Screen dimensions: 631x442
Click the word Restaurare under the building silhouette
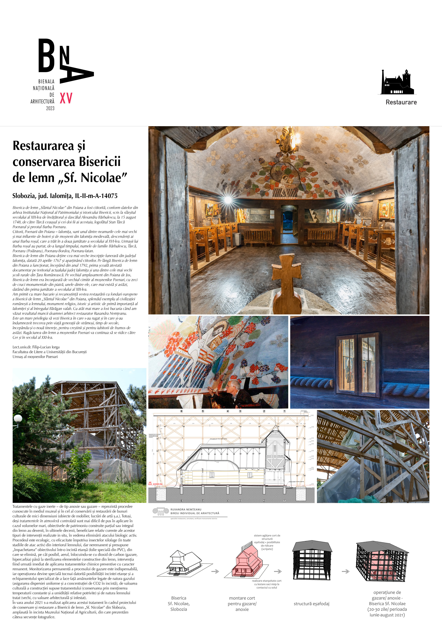[x=401, y=102]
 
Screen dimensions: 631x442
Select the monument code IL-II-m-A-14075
[x=96, y=196]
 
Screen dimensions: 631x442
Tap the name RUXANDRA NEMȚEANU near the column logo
[x=186, y=509]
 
